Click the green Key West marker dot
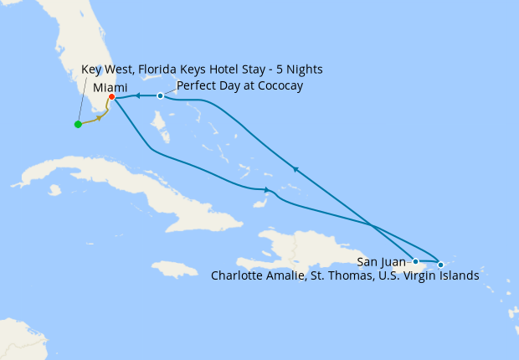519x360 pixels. pyautogui.click(x=78, y=125)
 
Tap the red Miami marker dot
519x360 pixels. pyautogui.click(x=111, y=97)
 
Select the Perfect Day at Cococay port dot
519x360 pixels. pyautogui.click(x=160, y=95)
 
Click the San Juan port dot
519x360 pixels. pyautogui.click(x=415, y=261)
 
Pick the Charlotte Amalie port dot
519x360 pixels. pyautogui.click(x=440, y=265)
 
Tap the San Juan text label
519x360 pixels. pyautogui.click(x=381, y=262)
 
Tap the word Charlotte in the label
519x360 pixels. pyautogui.click(x=239, y=275)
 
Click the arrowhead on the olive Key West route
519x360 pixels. pyautogui.click(x=100, y=118)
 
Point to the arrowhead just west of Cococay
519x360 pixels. pyautogui.click(x=136, y=96)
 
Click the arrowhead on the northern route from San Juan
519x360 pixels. pyautogui.click(x=295, y=168)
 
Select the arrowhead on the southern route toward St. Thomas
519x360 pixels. pyautogui.click(x=266, y=189)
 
